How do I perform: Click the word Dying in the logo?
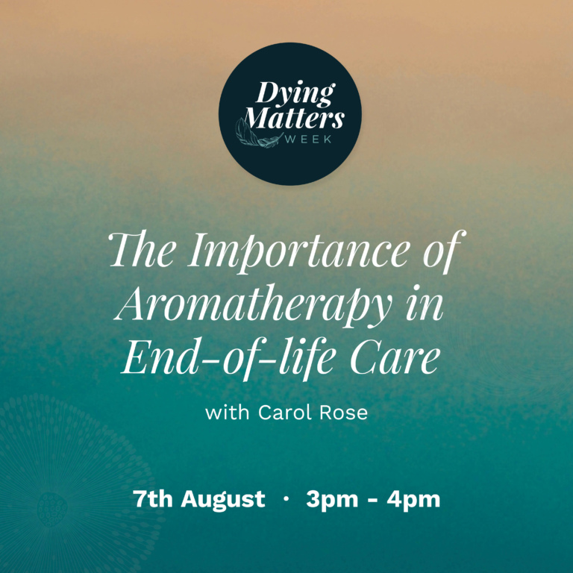click(x=295, y=95)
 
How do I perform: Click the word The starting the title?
click(x=145, y=251)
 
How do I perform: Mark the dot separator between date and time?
click(x=286, y=499)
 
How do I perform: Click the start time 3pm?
click(x=332, y=500)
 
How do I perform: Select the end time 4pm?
click(x=415, y=500)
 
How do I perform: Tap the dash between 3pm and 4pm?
click(x=374, y=500)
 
